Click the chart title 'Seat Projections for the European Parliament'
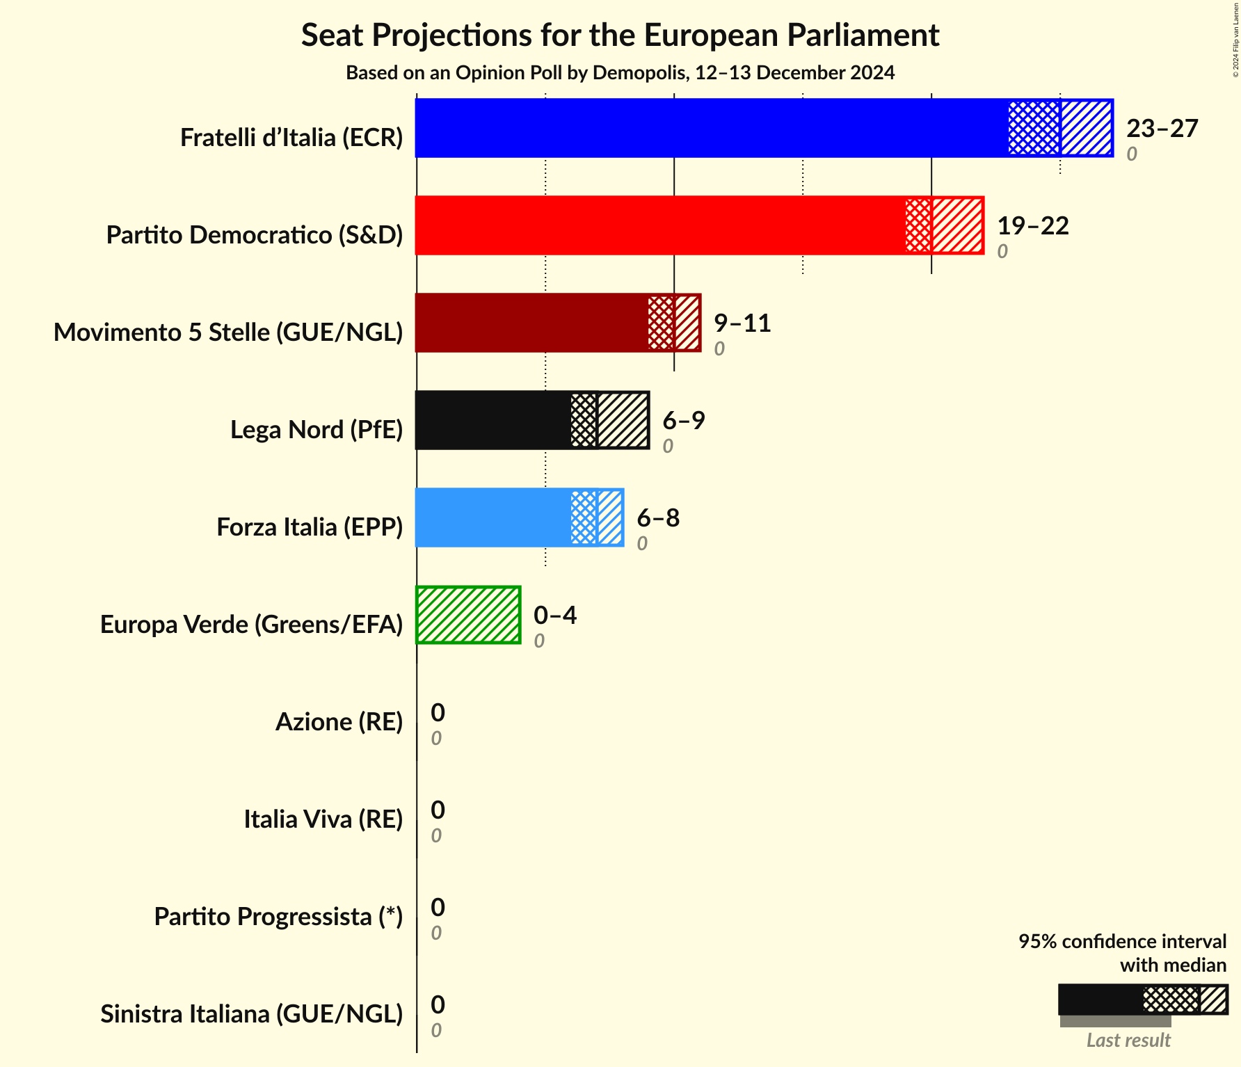click(x=620, y=35)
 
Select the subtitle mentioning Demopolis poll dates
click(x=620, y=73)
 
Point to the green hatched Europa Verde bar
click(x=468, y=615)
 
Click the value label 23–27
click(x=1162, y=128)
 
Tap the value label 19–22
click(x=1032, y=225)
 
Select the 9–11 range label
click(x=742, y=323)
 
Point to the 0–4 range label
click(x=554, y=615)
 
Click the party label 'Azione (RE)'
click(x=339, y=722)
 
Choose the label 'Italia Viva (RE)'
click(x=323, y=819)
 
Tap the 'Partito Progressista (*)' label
click(x=278, y=917)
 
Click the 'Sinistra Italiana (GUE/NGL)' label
click(x=251, y=1014)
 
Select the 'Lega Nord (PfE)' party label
click(x=317, y=430)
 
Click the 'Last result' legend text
click(x=1128, y=1041)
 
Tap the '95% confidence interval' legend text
click(x=1122, y=941)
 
